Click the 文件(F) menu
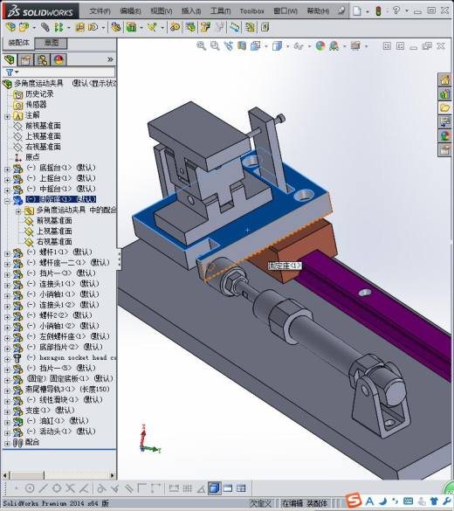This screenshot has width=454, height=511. (100, 10)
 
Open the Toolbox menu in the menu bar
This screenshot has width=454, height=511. (251, 10)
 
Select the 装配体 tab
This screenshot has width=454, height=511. (18, 42)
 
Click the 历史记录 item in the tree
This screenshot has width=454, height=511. (39, 93)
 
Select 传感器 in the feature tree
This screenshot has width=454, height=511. (36, 104)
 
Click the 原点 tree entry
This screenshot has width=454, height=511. (32, 156)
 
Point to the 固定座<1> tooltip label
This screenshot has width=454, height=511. (285, 265)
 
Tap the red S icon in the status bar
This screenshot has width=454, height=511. (353, 500)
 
